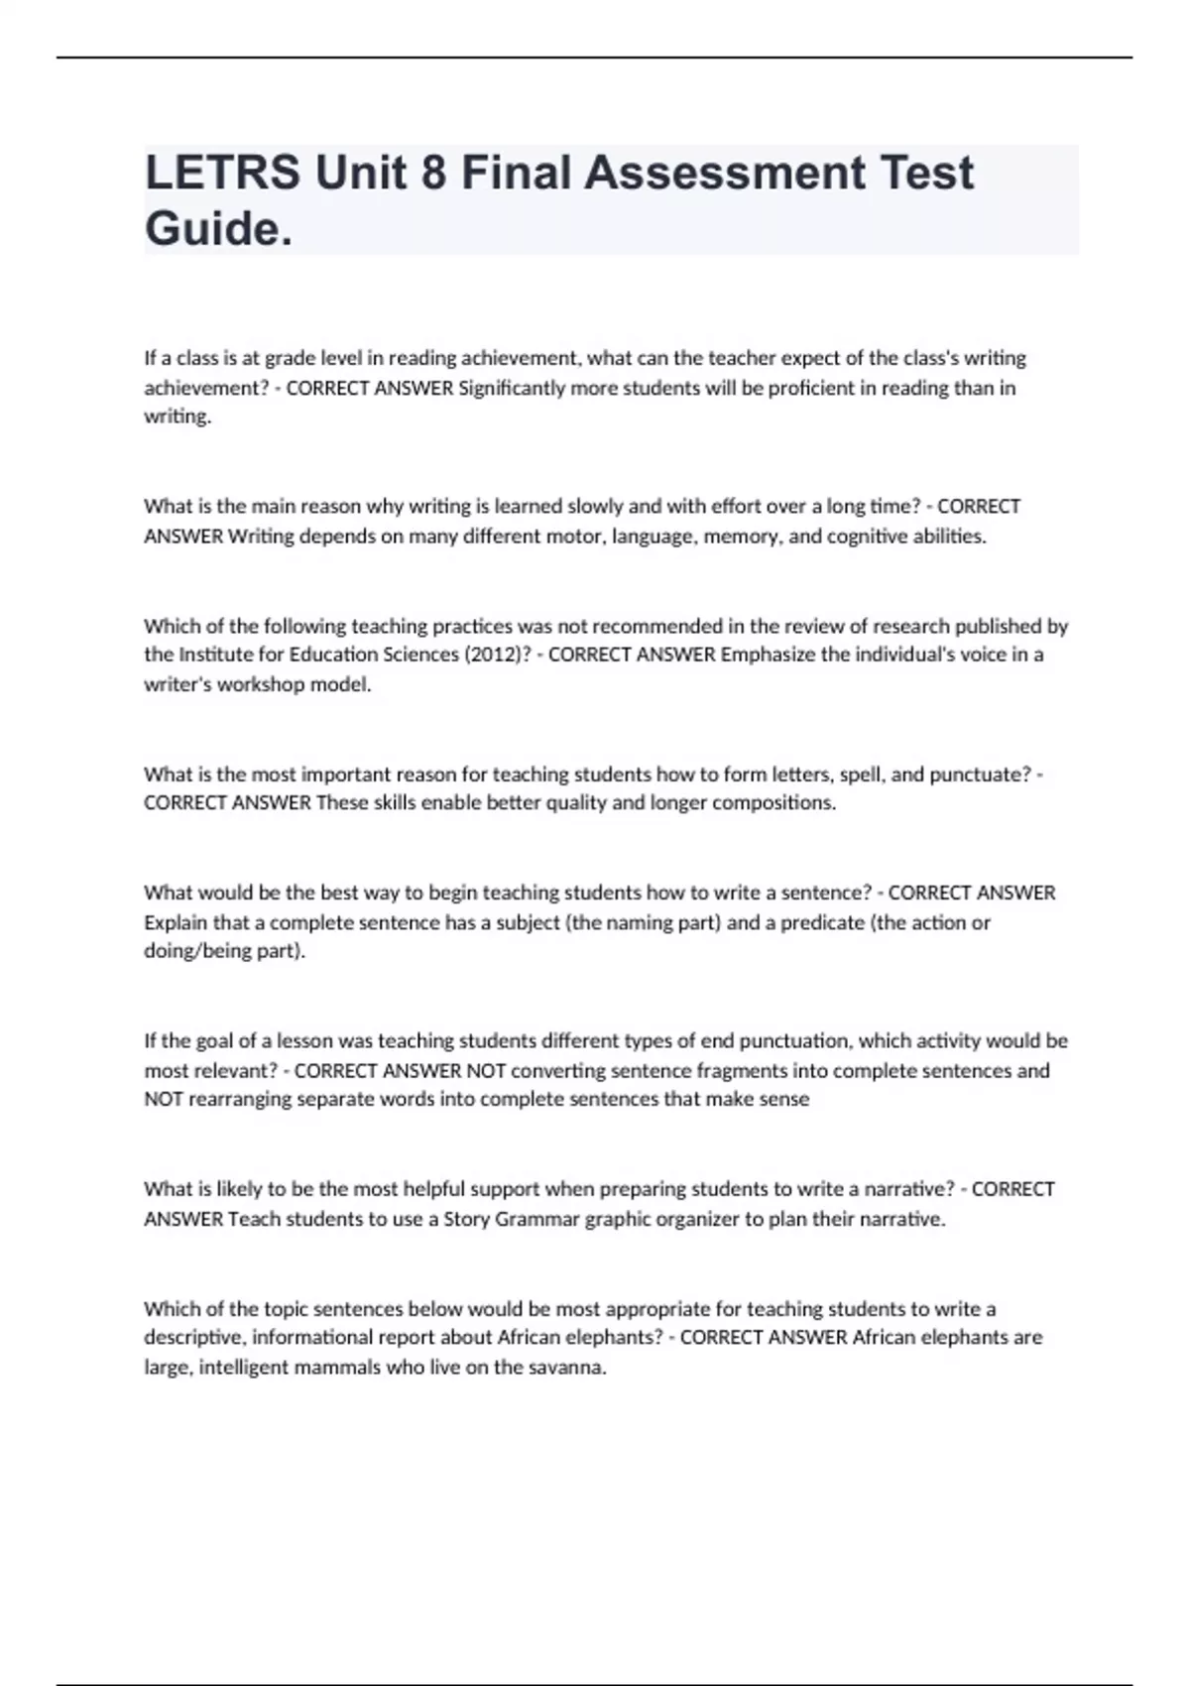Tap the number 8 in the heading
pyautogui.click(x=433, y=173)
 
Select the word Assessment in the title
pyautogui.click(x=723, y=173)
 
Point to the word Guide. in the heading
pyautogui.click(x=219, y=229)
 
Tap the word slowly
pyautogui.click(x=594, y=506)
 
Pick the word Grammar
pyautogui.click(x=536, y=1219)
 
